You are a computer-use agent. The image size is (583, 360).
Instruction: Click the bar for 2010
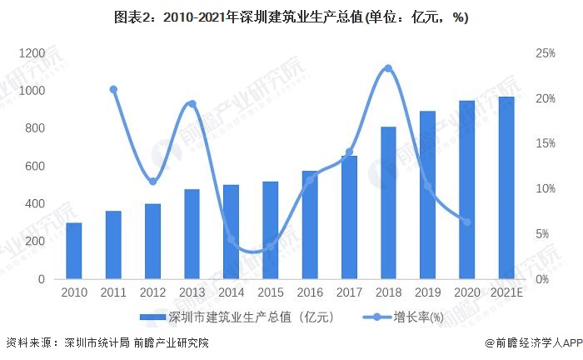[x=74, y=251]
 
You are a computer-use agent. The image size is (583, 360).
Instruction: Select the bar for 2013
[x=192, y=234]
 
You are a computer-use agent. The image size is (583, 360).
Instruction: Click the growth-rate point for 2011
[x=113, y=89]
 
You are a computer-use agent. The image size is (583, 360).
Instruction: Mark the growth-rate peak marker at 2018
[x=388, y=68]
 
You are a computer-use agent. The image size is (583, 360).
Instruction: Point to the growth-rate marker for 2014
[x=232, y=240]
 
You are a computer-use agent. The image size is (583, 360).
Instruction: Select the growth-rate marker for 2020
[x=466, y=222]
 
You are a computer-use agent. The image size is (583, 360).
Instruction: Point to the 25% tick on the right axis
[x=546, y=53]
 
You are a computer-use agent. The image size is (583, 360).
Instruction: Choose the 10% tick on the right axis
[x=546, y=189]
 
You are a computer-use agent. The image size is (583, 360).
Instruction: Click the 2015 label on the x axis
[x=271, y=292]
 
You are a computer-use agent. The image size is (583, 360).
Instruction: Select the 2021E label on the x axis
[x=506, y=292]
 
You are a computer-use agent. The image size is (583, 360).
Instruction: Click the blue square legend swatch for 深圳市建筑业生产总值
[x=153, y=317]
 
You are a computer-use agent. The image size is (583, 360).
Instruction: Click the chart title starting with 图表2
[x=291, y=17]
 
